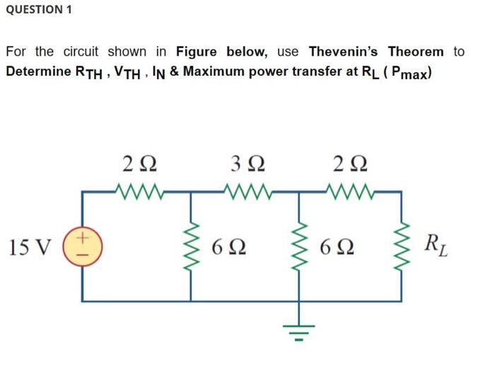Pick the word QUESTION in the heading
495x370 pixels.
tap(33, 9)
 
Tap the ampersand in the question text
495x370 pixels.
tap(173, 71)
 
